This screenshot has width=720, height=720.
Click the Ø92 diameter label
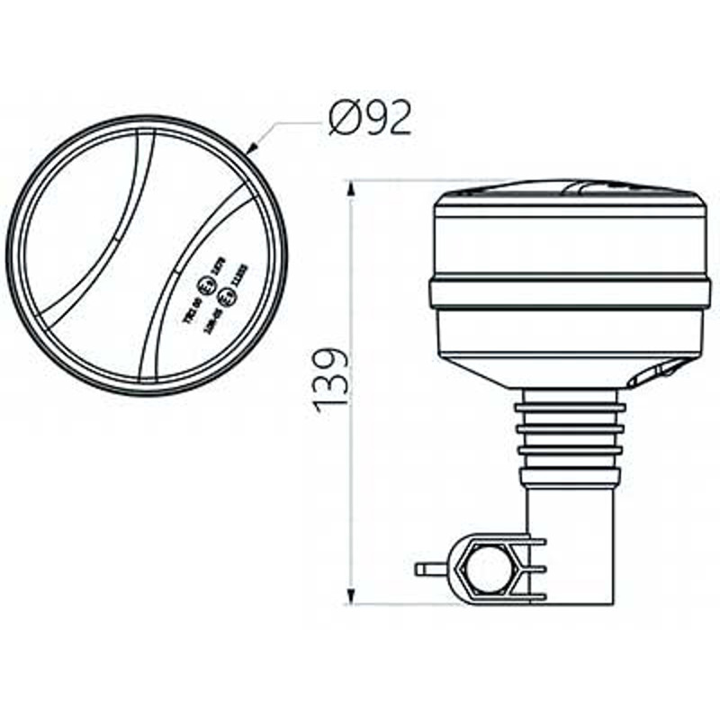[x=370, y=117]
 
